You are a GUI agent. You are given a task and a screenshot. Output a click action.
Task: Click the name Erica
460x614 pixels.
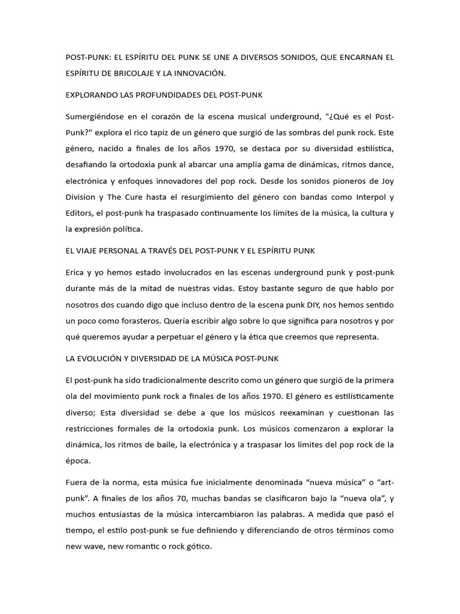tap(75, 272)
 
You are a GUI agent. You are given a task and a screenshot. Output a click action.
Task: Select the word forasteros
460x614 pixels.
tap(132, 321)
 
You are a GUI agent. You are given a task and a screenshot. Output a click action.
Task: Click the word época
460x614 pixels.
tap(78, 461)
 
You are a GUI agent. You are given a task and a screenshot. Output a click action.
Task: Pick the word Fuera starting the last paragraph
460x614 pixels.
tap(77, 483)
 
